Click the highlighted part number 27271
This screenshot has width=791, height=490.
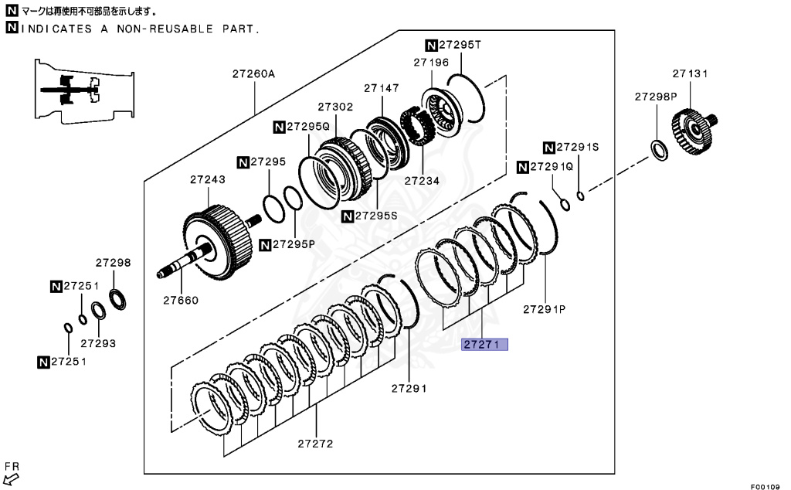484,345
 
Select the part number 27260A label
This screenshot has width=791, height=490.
253,75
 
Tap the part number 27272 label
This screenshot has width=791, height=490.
316,444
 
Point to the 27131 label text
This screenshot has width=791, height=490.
690,73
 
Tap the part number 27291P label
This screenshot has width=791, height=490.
545,308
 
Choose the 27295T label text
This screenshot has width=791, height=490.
460,44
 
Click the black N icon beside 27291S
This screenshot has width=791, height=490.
549,147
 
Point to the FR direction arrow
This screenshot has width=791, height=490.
12,478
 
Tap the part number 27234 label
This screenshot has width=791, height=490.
421,181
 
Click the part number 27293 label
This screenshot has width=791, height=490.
98,342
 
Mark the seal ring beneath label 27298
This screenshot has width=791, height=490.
119,298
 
